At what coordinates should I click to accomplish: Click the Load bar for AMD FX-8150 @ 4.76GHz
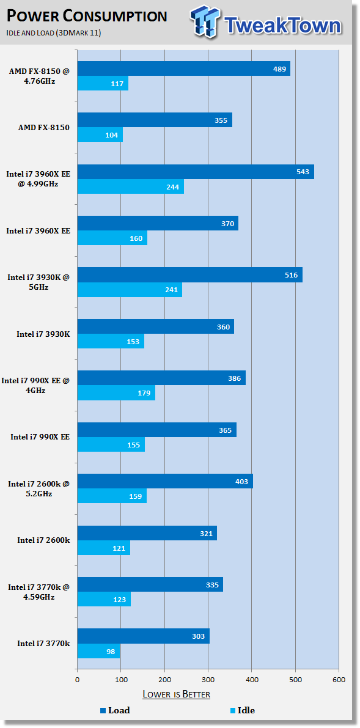click(184, 68)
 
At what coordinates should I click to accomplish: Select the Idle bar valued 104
click(100, 134)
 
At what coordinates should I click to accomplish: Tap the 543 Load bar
click(196, 172)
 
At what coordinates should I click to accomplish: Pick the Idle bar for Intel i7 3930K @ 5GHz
click(130, 290)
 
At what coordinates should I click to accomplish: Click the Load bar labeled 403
click(166, 481)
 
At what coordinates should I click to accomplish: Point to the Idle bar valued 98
click(99, 651)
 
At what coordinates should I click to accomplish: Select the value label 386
click(235, 378)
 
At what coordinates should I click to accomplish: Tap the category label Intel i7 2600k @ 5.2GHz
click(39, 488)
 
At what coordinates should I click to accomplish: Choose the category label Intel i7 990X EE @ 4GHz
click(36, 385)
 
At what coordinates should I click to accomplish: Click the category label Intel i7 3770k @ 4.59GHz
click(39, 592)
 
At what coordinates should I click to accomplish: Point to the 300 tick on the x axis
click(208, 680)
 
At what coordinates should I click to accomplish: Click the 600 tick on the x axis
click(339, 680)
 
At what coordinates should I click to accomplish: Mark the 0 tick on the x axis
click(78, 680)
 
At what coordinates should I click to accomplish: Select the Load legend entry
click(115, 710)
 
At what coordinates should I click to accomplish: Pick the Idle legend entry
click(243, 710)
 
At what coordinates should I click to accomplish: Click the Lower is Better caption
click(176, 694)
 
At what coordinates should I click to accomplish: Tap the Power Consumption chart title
click(87, 17)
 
